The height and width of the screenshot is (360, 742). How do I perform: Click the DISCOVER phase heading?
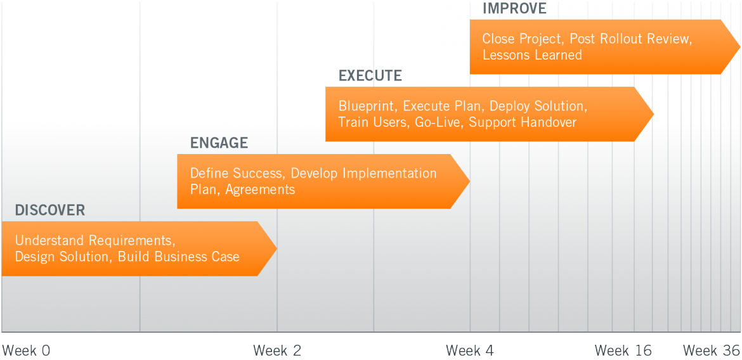point(50,210)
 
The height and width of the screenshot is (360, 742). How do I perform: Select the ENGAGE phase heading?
point(219,143)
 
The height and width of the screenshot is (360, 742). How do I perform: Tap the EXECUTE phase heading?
point(370,76)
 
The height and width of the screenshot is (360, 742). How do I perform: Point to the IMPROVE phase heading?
point(514,9)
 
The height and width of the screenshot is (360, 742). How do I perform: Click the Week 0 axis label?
point(26,350)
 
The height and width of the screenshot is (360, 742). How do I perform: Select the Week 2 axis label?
point(277,350)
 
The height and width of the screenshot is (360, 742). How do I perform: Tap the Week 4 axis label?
point(470,350)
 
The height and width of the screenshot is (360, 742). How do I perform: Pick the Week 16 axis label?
point(623,350)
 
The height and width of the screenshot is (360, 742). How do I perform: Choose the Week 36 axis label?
point(711,350)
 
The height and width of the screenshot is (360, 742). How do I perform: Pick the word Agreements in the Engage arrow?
point(260,190)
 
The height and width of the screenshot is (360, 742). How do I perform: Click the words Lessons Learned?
point(532,55)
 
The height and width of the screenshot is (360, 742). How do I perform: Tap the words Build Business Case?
point(178,257)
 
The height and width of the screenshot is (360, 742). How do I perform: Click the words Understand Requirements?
point(94,240)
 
